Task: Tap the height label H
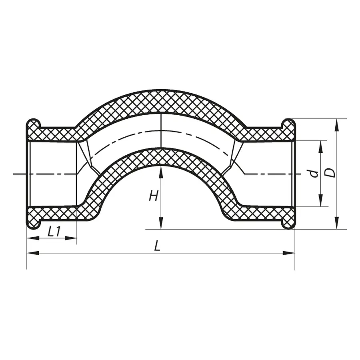(x=153, y=196)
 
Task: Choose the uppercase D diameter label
(x=330, y=173)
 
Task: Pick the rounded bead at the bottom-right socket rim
(x=288, y=224)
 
